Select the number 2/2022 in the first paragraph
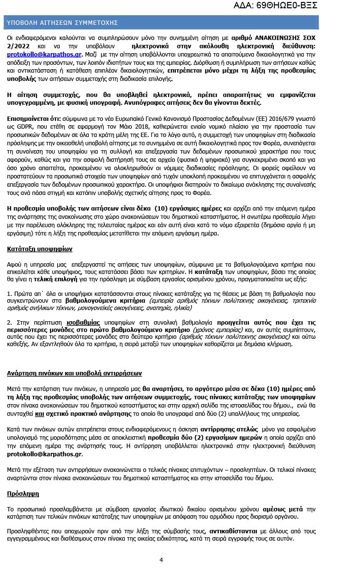click(17, 46)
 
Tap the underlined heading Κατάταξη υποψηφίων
click(39, 248)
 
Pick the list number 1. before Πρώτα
click(10, 294)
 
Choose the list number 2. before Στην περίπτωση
click(10, 322)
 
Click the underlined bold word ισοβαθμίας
click(83, 322)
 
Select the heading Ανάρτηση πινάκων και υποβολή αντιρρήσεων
click(74, 373)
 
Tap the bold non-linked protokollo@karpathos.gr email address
click(44, 454)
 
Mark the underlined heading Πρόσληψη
click(23, 493)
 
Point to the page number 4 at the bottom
click(161, 560)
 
